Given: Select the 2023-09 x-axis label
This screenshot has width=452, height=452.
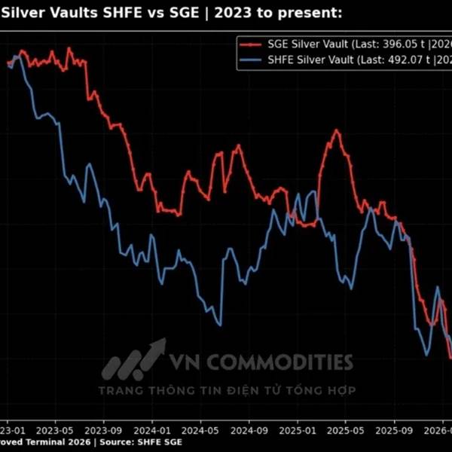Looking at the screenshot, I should click(105, 426).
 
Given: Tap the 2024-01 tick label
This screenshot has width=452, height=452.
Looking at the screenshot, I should click(153, 426).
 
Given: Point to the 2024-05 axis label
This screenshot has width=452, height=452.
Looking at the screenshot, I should click(201, 426).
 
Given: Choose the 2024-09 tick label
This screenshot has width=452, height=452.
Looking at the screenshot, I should click(249, 426).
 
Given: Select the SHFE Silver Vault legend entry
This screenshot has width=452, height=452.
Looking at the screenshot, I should click(301, 59).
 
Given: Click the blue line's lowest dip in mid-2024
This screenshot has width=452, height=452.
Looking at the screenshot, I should click(218, 325).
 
